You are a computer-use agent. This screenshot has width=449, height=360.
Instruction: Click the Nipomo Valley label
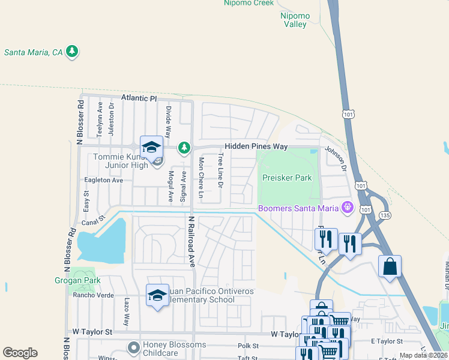(x=295, y=20)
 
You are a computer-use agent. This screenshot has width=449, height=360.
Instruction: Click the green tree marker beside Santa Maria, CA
(x=73, y=52)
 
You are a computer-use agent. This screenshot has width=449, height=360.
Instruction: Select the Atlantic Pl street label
(x=138, y=97)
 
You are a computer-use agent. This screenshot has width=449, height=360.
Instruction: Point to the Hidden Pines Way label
(x=256, y=146)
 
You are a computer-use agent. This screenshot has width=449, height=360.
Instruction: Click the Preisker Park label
(x=287, y=178)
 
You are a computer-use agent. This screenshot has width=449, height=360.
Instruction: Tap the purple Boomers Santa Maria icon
(x=347, y=208)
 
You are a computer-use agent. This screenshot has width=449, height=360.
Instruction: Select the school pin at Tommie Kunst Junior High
(x=152, y=148)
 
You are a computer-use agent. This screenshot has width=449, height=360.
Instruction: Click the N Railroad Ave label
(x=192, y=241)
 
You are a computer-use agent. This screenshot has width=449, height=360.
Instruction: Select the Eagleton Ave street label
(x=104, y=180)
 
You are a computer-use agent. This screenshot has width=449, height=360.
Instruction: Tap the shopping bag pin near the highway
(x=390, y=267)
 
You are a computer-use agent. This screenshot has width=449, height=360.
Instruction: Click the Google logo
(x=20, y=353)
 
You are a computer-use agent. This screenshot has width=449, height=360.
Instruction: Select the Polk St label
(x=248, y=346)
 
